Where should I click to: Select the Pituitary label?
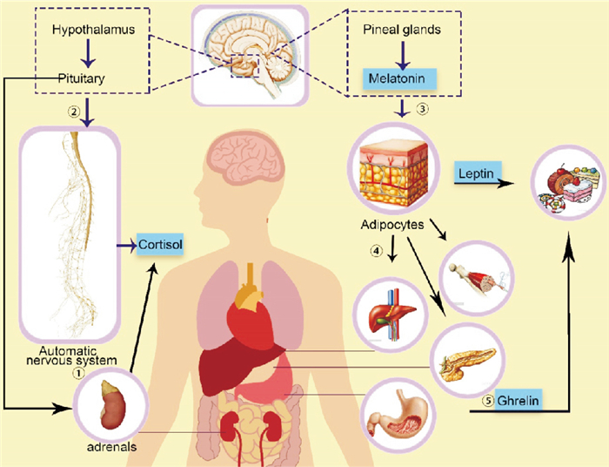pos(84,78)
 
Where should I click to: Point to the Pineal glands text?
pos(399,30)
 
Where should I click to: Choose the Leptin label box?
pos(477,174)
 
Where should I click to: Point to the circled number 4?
pos(376,252)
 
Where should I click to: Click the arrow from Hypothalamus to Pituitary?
pos(85,54)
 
